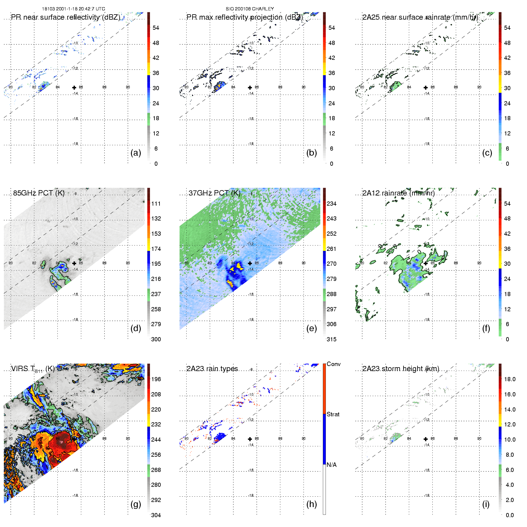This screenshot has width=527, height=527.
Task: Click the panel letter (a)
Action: (136, 153)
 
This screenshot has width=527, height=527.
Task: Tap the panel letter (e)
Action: (311, 328)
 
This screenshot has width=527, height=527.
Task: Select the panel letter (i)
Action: (486, 504)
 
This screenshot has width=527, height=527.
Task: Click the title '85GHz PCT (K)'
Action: (39, 193)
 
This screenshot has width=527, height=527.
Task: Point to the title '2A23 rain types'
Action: (212, 368)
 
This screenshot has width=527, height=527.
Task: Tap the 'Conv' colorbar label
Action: (334, 364)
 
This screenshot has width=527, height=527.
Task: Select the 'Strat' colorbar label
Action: (333, 414)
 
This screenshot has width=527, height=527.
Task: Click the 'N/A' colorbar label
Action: (331, 465)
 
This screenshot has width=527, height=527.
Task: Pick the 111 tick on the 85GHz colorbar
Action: (156, 204)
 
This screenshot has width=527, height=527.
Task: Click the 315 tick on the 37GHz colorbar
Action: (331, 339)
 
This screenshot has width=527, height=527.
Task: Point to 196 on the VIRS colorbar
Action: (156, 379)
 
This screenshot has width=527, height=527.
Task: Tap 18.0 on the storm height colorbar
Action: (510, 379)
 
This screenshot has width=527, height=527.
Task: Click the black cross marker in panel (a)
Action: (74, 87)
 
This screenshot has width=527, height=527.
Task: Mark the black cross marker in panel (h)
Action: (250, 439)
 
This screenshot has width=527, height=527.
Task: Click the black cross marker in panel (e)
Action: (250, 263)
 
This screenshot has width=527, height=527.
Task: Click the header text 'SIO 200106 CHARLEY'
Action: (250, 9)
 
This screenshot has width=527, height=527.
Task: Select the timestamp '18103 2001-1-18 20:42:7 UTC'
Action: (74, 9)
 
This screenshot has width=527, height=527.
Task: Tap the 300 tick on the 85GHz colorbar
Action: (156, 339)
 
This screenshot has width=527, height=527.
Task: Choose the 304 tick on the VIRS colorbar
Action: (156, 515)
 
